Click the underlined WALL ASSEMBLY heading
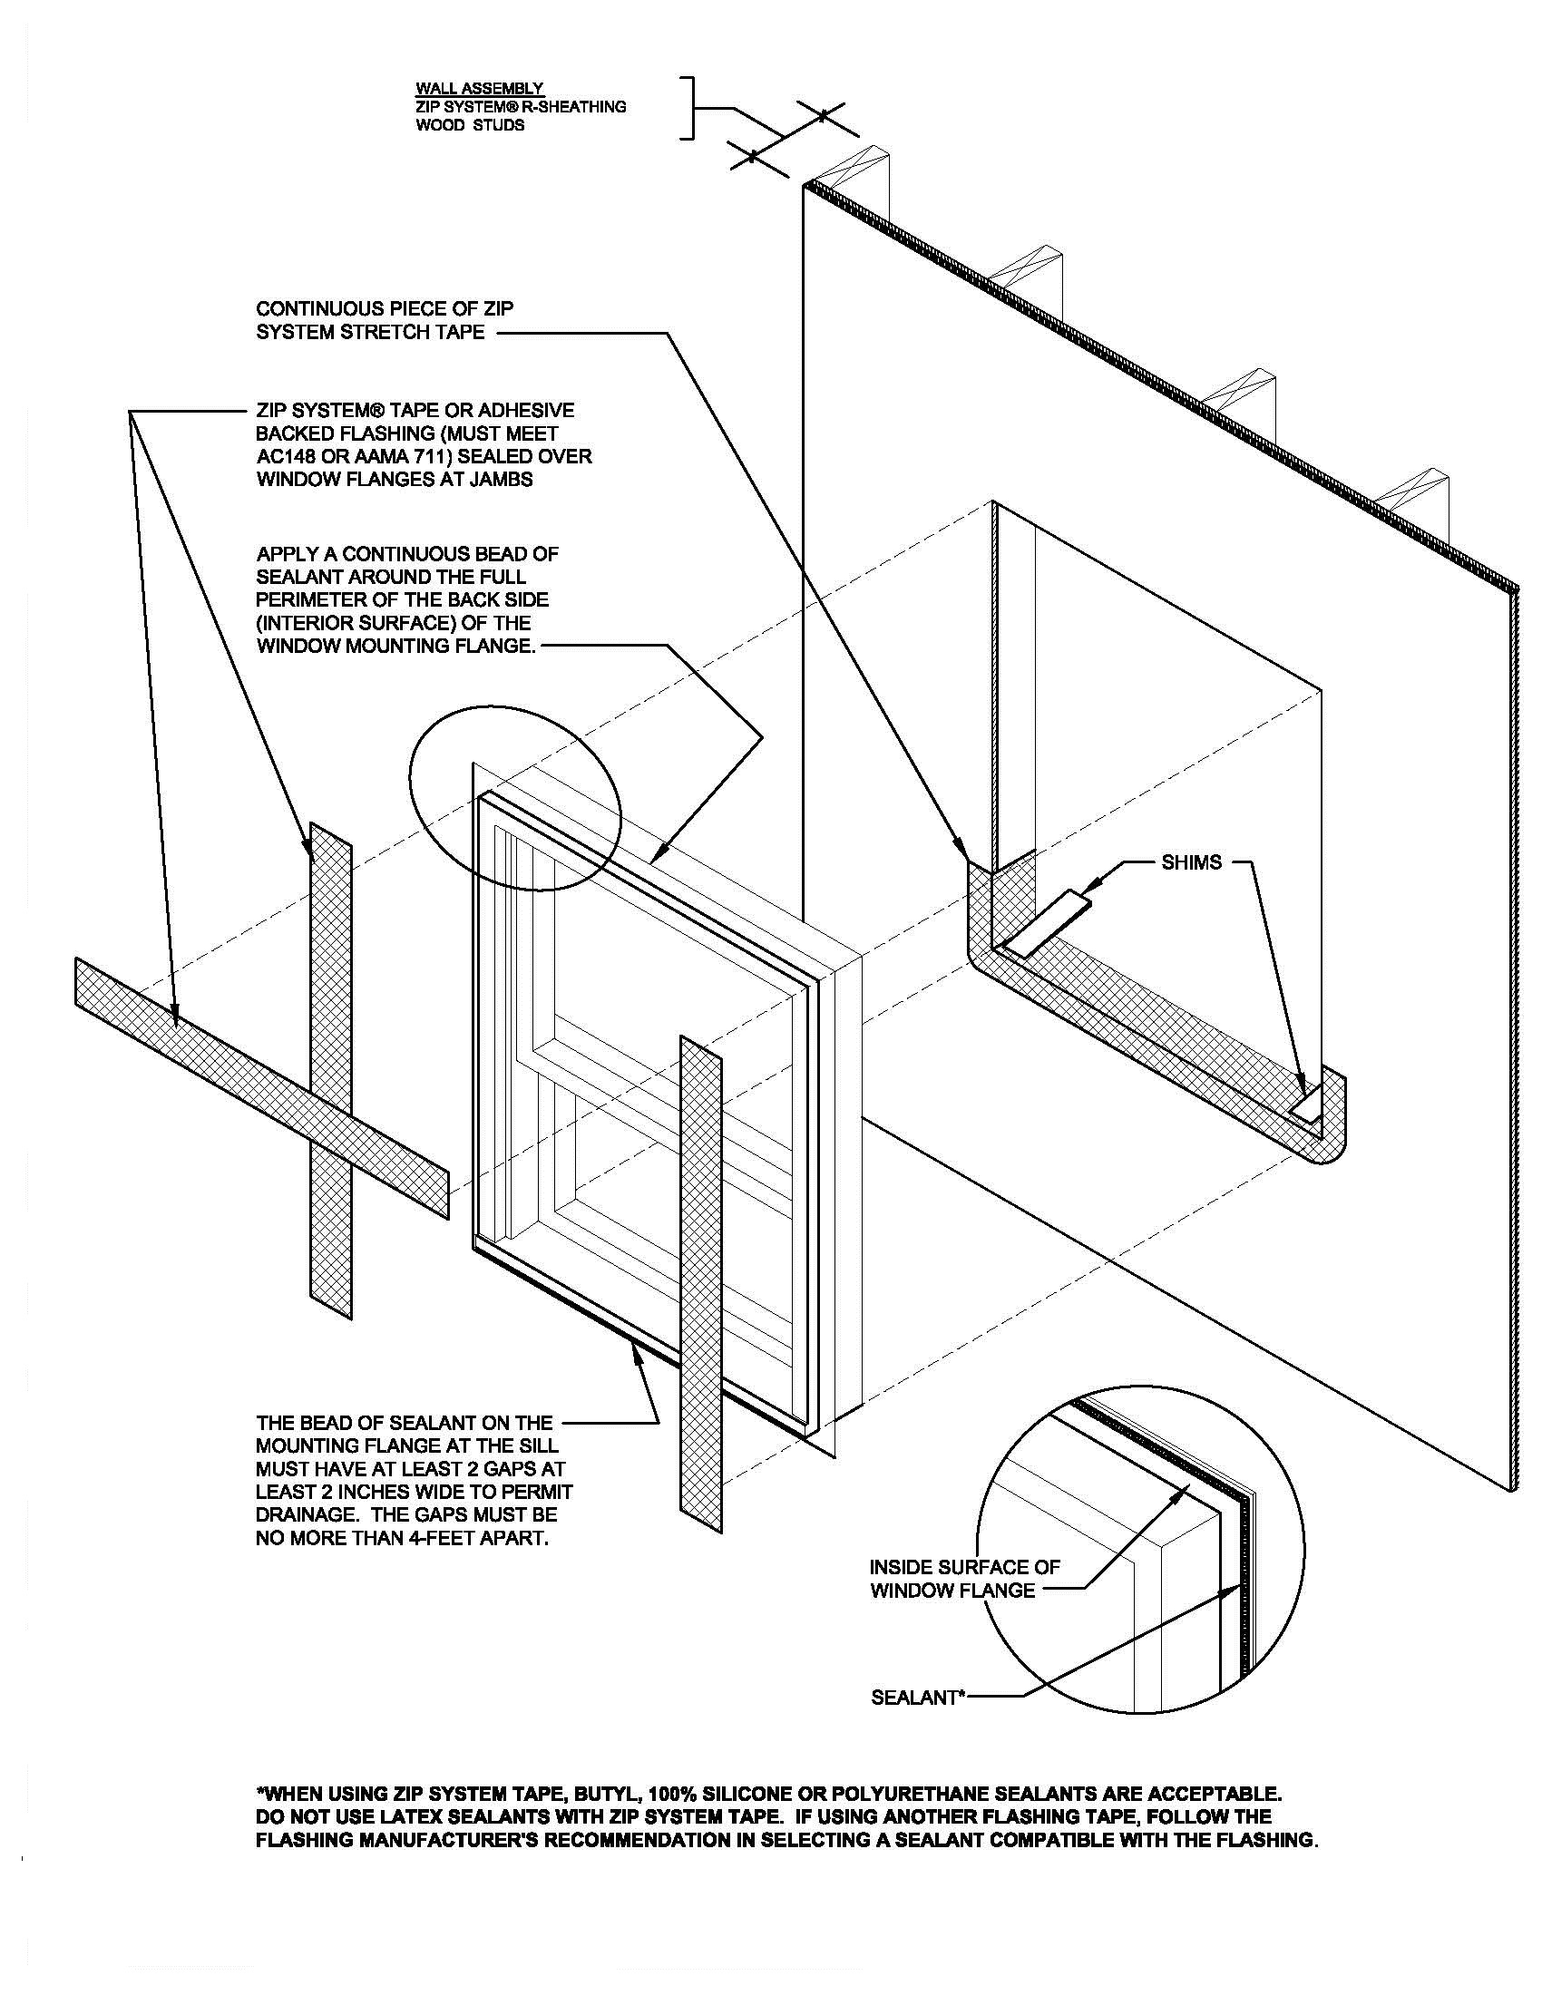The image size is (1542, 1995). [480, 89]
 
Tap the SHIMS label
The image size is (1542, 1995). [1191, 862]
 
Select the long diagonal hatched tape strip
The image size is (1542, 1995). [262, 1088]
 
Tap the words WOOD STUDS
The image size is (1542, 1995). [471, 125]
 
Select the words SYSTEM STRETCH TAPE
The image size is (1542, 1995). [370, 333]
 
